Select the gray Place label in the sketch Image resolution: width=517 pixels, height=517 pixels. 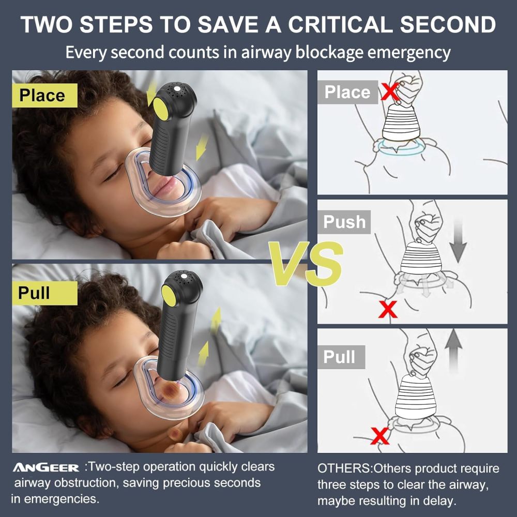tap(347, 92)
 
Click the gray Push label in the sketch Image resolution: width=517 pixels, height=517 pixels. tap(344, 222)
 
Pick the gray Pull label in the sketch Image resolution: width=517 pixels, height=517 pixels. tap(340, 357)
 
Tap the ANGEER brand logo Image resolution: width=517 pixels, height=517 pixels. tap(46, 468)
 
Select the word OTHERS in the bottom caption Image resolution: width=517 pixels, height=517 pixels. tap(344, 469)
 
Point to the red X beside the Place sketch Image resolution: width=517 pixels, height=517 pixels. tap(390, 92)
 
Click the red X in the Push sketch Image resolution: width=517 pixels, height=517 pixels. tap(388, 310)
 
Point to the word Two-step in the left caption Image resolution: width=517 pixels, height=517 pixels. tap(115, 467)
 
